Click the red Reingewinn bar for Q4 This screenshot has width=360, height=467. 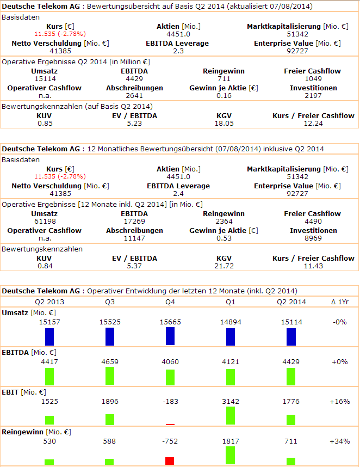[x=170, y=460]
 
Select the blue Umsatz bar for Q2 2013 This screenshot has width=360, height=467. [x=49, y=337]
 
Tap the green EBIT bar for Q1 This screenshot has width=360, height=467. [x=231, y=416]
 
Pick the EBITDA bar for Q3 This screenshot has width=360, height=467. [x=110, y=376]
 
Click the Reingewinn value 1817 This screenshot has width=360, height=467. [x=231, y=441]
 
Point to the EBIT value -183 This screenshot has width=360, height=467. [x=170, y=402]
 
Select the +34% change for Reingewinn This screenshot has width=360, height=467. [x=340, y=441]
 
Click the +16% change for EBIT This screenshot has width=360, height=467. [x=340, y=402]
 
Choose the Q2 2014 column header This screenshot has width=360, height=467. [x=291, y=302]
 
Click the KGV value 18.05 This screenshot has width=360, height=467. [x=224, y=124]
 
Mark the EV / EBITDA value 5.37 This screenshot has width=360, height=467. [x=133, y=266]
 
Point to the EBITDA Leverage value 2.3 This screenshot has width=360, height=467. [x=178, y=51]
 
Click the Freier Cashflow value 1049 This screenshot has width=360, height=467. [x=313, y=79]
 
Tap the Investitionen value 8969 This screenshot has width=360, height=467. [x=313, y=238]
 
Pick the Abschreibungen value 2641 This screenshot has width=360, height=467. [x=134, y=96]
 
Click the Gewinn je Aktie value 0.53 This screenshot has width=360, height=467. [x=224, y=238]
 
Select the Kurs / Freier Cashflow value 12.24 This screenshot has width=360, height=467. [x=313, y=124]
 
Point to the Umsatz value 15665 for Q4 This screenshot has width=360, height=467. [x=170, y=322]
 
